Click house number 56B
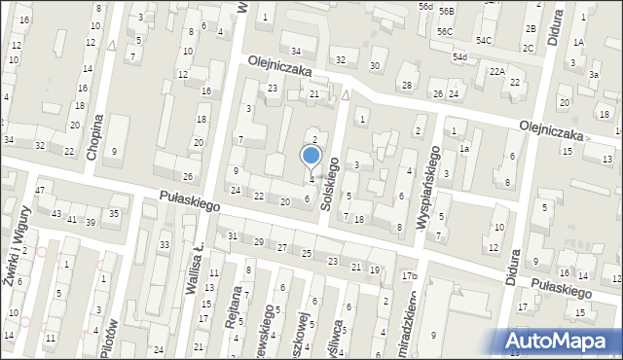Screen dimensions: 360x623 pos(446,11)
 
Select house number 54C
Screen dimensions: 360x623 pos(484,39)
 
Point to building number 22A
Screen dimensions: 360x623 pos(496,71)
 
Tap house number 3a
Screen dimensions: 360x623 pos(594,74)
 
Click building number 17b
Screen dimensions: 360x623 pos(410,276)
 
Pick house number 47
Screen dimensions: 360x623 pos(39,189)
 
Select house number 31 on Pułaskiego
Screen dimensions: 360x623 pos(233,235)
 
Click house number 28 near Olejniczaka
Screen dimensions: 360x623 pos(406,86)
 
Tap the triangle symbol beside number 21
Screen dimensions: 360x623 pos(346,95)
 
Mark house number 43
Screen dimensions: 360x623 pos(56,213)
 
